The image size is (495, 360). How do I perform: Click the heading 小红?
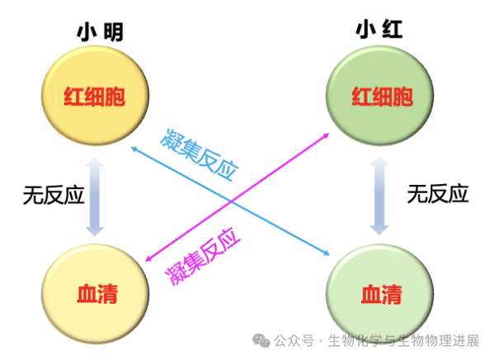(380, 31)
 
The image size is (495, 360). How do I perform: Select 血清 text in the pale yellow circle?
(95, 294)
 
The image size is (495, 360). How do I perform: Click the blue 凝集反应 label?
(201, 154)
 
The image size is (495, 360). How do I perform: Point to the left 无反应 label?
(54, 194)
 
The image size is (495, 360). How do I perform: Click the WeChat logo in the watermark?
(261, 339)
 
